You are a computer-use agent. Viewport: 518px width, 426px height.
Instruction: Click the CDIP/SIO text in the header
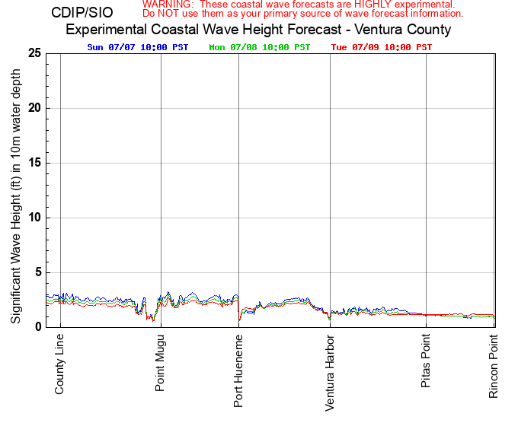pyautogui.click(x=82, y=13)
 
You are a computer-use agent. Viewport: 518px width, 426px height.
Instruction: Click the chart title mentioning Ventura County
pyautogui.click(x=258, y=30)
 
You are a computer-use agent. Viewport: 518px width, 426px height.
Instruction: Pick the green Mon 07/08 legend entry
pyautogui.click(x=260, y=47)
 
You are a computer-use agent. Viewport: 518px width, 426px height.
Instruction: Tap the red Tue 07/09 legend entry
pyautogui.click(x=382, y=47)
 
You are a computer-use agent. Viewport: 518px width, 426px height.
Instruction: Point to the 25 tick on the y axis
pyautogui.click(x=34, y=53)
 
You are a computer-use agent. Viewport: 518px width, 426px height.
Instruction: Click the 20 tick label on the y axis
pyautogui.click(x=34, y=108)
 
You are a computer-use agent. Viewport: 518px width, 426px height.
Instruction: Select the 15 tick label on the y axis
pyautogui.click(x=34, y=163)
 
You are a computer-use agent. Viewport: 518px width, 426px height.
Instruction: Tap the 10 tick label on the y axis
pyautogui.click(x=34, y=218)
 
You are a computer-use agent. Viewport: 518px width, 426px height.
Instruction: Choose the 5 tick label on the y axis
pyautogui.click(x=37, y=272)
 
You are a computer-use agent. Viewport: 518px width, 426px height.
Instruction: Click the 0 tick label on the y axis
pyautogui.click(x=37, y=327)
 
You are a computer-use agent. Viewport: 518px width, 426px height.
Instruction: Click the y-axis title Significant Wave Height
pyautogui.click(x=16, y=190)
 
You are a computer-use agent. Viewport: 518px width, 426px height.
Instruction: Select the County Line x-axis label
pyautogui.click(x=60, y=364)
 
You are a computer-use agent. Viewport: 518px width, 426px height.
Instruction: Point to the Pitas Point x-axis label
pyautogui.click(x=426, y=361)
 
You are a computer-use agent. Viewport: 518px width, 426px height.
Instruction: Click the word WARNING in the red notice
pyautogui.click(x=167, y=5)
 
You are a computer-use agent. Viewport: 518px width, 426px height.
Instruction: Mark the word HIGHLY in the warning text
pyautogui.click(x=369, y=5)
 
